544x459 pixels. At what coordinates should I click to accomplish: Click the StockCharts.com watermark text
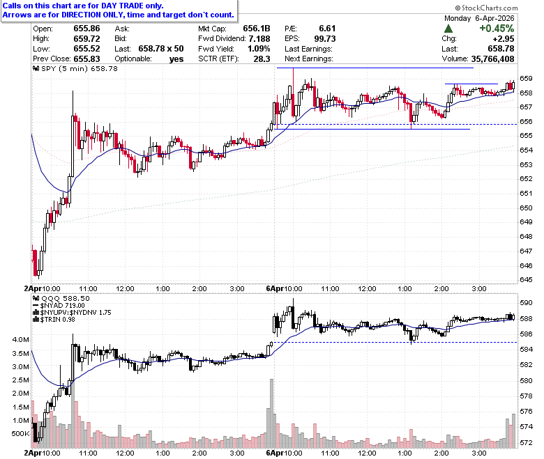486,8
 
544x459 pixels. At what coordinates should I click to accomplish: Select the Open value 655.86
86,29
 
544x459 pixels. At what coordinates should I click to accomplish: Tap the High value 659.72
86,38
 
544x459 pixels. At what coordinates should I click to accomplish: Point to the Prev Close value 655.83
86,59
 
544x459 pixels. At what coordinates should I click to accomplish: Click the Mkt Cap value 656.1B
257,29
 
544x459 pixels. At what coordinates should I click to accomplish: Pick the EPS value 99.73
325,38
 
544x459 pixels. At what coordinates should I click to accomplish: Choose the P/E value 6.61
327,29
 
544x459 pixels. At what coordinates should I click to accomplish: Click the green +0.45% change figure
497,29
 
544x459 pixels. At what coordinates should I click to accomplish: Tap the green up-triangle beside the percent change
448,29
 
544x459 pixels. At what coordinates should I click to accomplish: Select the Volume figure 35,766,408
492,59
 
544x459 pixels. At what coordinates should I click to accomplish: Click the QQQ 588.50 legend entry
66,298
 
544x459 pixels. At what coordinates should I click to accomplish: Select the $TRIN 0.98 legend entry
58,319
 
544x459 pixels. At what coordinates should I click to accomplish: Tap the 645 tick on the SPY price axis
526,279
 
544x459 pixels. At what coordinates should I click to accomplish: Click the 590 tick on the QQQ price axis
526,303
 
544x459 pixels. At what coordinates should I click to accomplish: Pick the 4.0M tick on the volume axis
21,339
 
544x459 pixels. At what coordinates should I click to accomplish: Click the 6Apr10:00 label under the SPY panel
284,288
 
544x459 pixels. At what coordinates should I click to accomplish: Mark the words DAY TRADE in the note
122,6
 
